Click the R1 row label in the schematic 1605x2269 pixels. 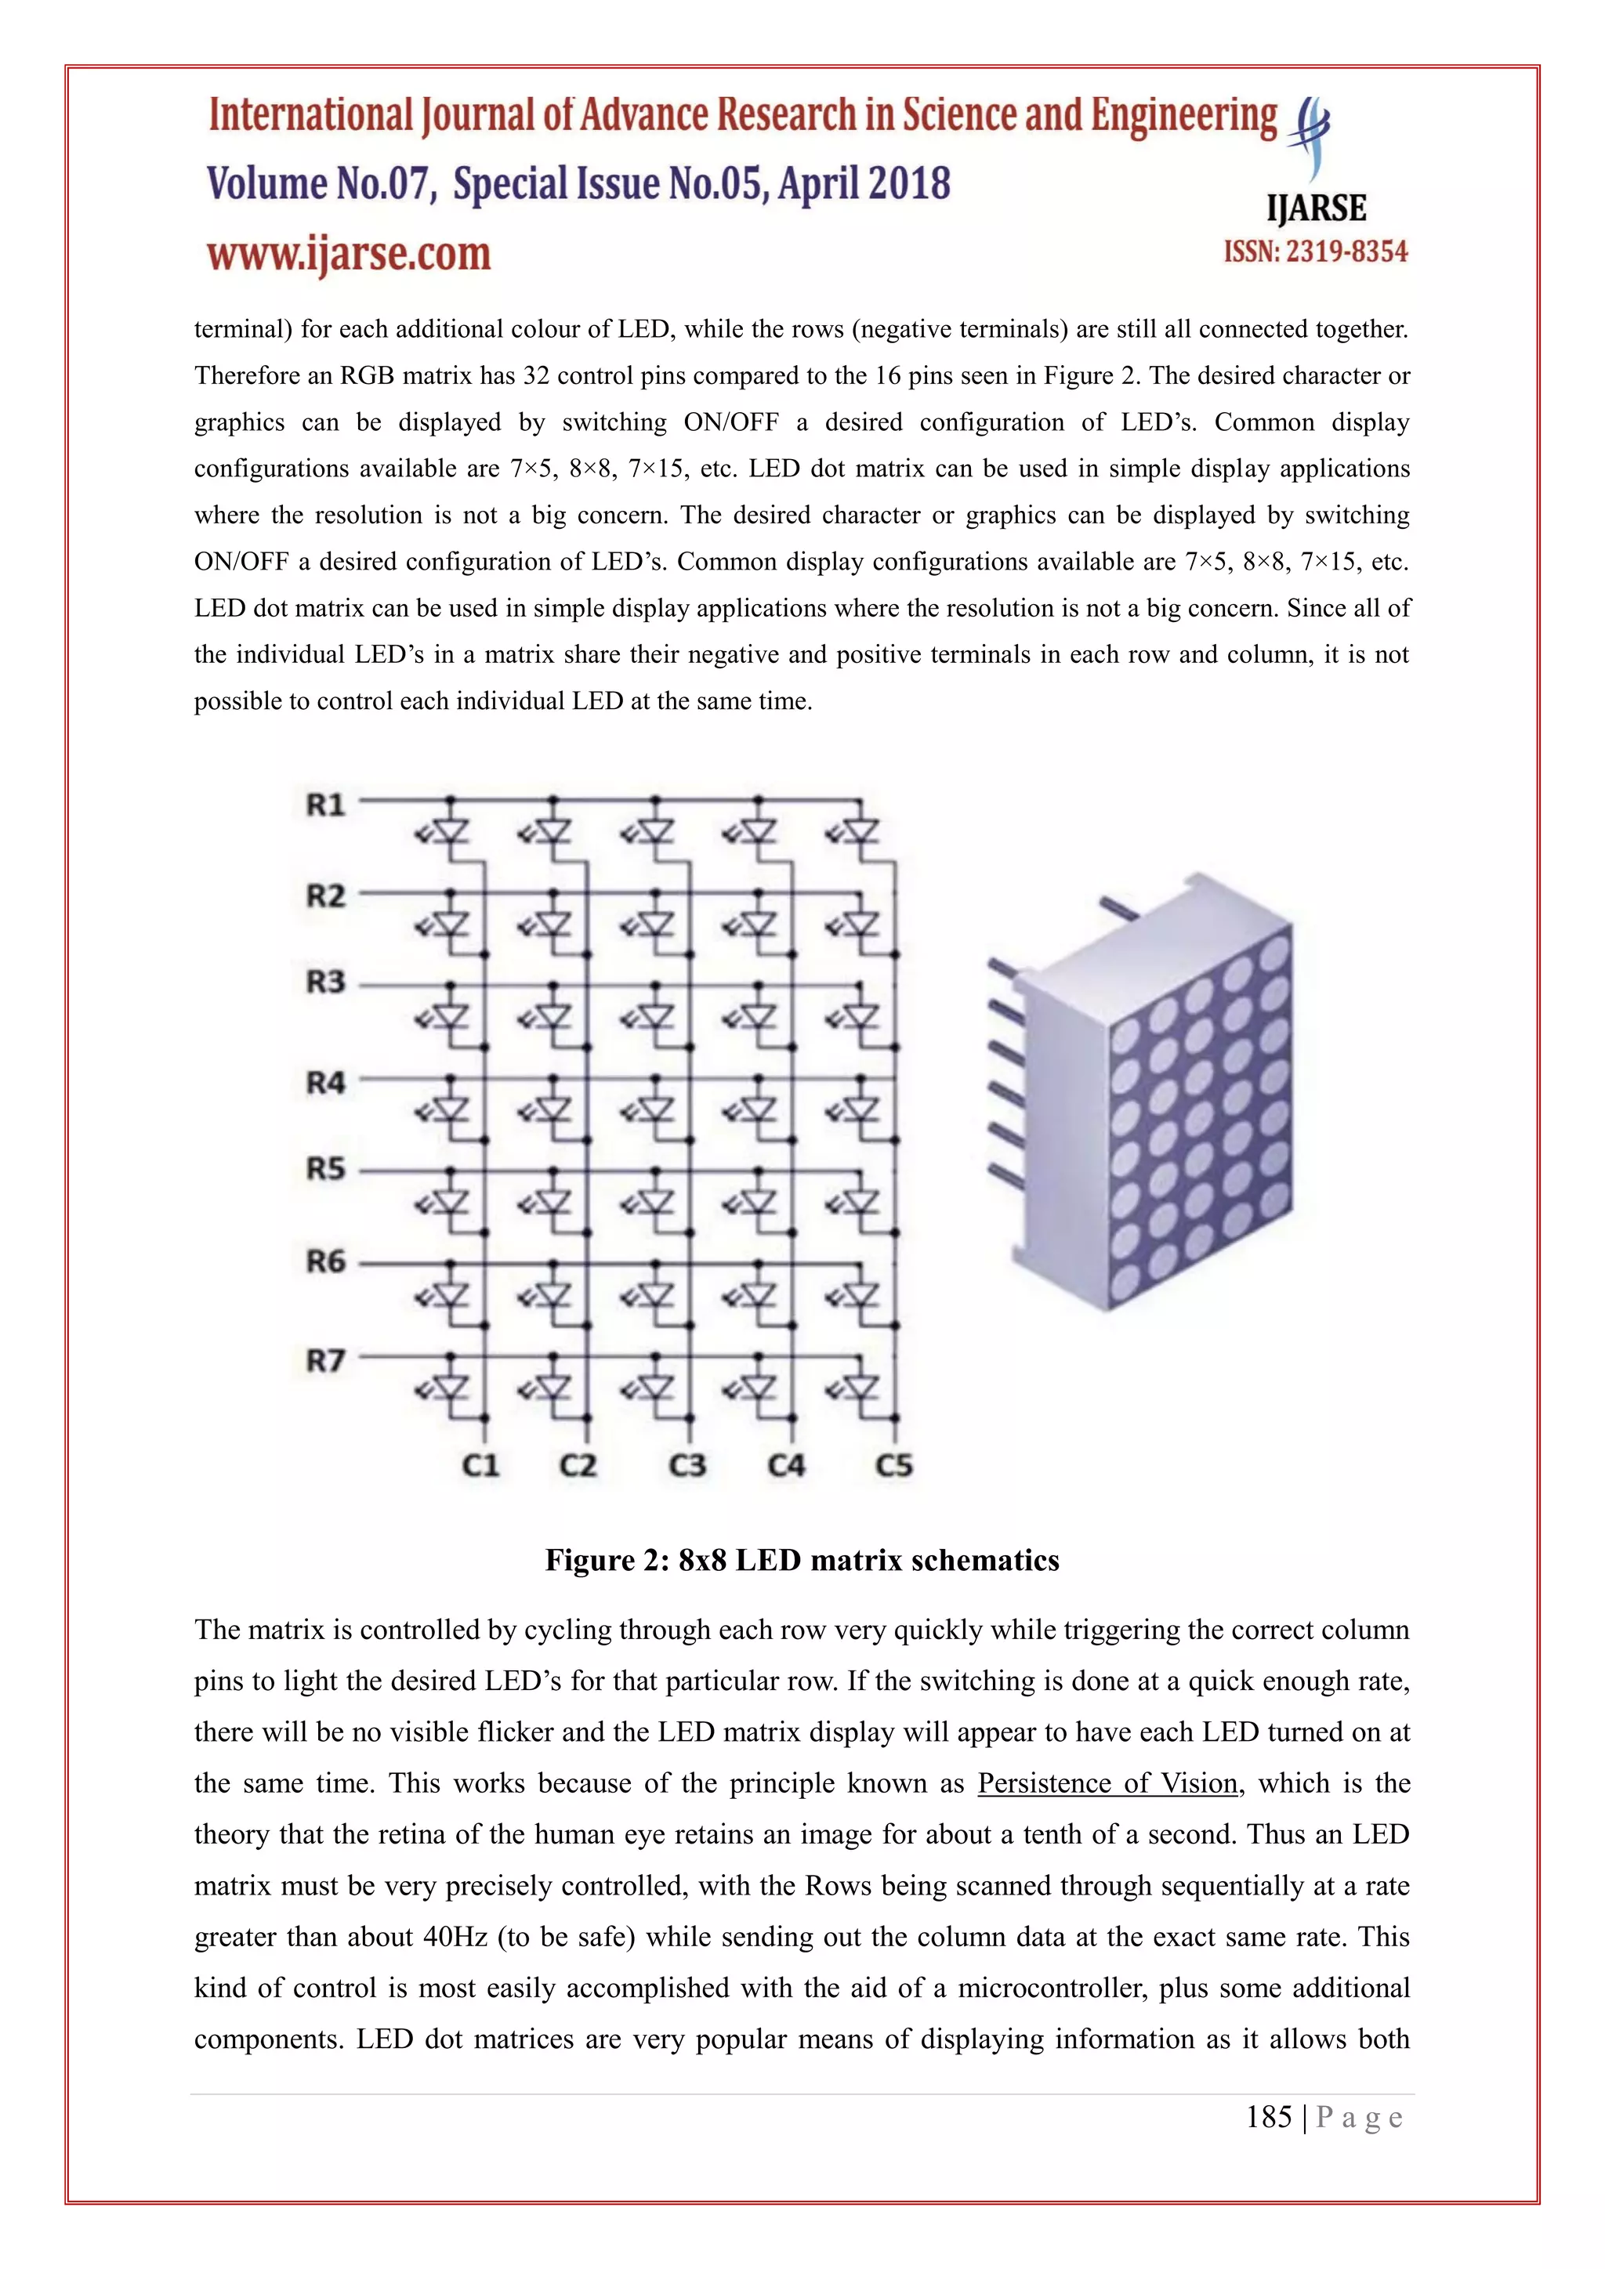(x=325, y=805)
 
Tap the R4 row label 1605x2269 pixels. (x=325, y=1083)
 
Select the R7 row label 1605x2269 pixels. (x=325, y=1361)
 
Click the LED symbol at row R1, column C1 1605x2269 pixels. (x=450, y=832)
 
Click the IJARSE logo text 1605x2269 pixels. (x=1317, y=208)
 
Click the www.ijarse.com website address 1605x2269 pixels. (x=349, y=254)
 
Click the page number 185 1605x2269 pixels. (x=1269, y=2117)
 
